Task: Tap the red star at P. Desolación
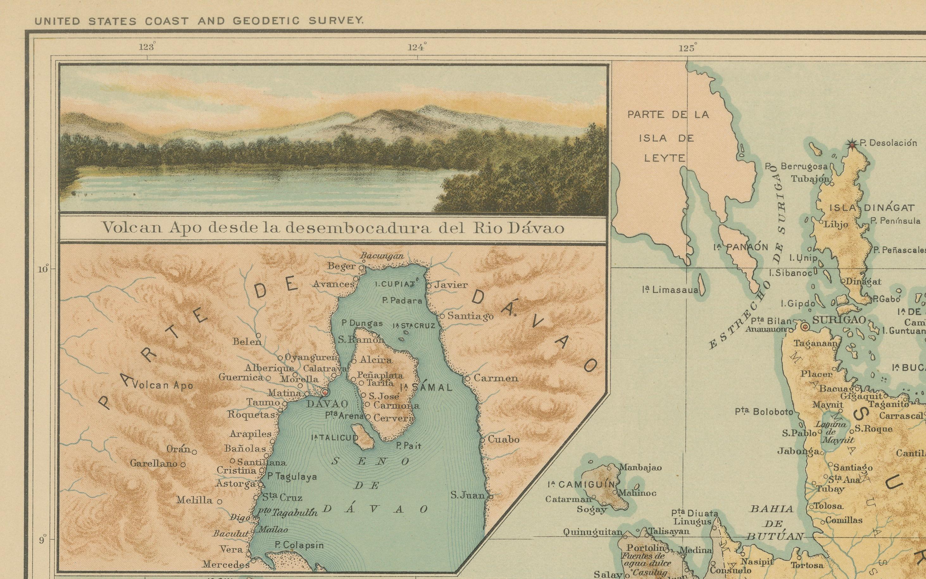click(x=852, y=144)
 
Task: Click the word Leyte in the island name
click(x=665, y=158)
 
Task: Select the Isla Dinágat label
click(x=872, y=208)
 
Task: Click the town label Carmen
click(x=496, y=378)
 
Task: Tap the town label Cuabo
click(x=504, y=439)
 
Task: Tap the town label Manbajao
click(x=640, y=468)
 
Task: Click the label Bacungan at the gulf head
click(x=382, y=256)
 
